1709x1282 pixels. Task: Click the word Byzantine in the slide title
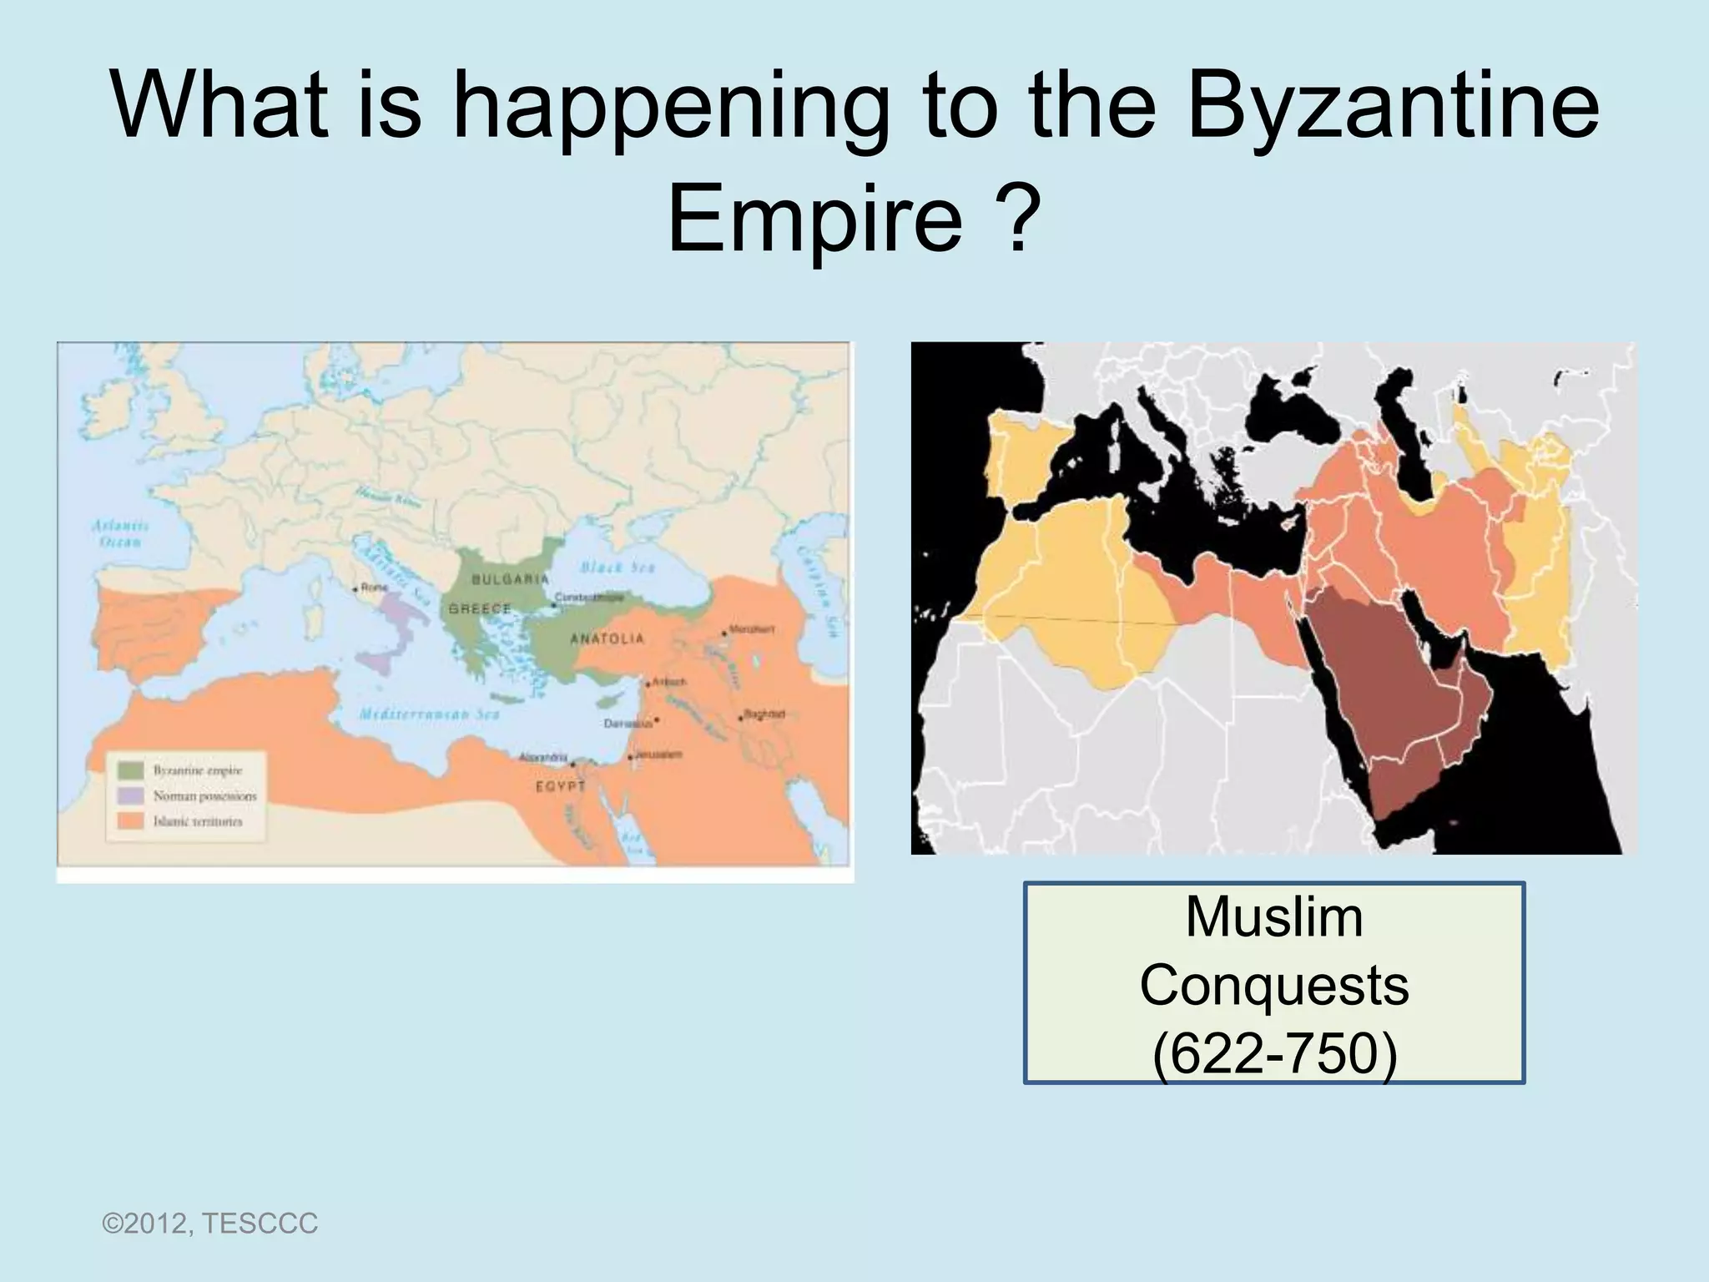pyautogui.click(x=1392, y=112)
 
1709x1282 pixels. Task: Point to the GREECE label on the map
pyautogui.click(x=480, y=608)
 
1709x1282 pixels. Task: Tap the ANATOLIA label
pyautogui.click(x=607, y=638)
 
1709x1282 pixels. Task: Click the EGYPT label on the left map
pyautogui.click(x=560, y=786)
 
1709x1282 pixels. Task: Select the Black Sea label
pyautogui.click(x=617, y=568)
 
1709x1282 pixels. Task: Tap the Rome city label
pyautogui.click(x=375, y=588)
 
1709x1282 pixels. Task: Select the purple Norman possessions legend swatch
pyautogui.click(x=130, y=795)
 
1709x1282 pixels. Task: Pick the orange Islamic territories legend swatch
pyautogui.click(x=130, y=821)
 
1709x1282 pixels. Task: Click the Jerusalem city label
pyautogui.click(x=658, y=755)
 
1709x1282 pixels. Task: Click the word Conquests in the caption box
pyautogui.click(x=1273, y=986)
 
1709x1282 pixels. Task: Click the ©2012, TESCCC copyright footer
pyautogui.click(x=209, y=1224)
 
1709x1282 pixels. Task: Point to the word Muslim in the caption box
pyautogui.click(x=1273, y=917)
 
